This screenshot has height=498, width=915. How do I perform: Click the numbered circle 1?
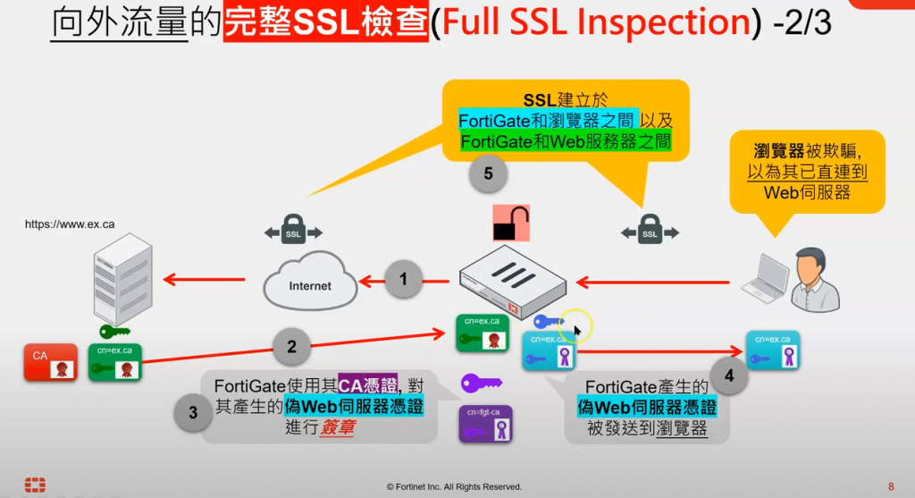[404, 280]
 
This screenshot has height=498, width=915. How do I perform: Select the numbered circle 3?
[193, 413]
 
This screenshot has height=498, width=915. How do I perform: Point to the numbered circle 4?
[730, 376]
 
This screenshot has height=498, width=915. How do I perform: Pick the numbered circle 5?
[488, 173]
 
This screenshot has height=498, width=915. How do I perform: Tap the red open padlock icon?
[511, 224]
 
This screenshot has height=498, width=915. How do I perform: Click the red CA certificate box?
[50, 363]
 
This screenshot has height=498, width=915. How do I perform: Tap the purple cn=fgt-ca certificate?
[485, 424]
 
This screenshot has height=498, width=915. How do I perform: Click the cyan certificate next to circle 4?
[773, 351]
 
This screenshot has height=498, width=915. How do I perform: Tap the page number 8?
[891, 486]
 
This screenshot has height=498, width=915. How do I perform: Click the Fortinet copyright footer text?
[454, 486]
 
